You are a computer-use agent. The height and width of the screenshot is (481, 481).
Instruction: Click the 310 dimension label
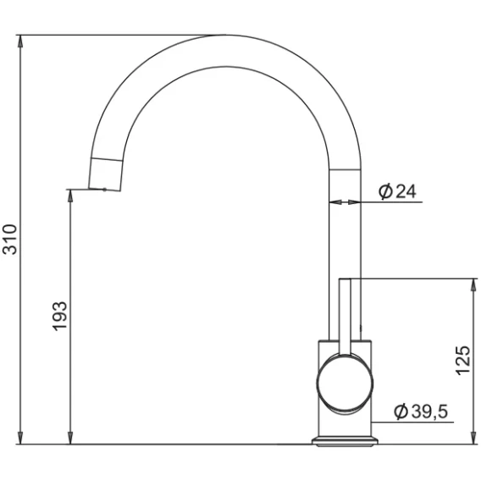(x=9, y=240)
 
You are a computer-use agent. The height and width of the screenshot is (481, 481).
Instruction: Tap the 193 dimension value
(x=59, y=316)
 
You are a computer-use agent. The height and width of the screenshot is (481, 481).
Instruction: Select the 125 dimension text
(x=462, y=361)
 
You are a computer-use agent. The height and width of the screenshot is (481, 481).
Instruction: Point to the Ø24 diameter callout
(x=397, y=191)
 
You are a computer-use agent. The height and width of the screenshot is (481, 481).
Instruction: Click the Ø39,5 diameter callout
(x=421, y=412)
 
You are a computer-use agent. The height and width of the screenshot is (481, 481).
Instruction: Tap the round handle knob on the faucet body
(x=345, y=383)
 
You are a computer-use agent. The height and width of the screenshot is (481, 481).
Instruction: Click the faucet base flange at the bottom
(x=345, y=441)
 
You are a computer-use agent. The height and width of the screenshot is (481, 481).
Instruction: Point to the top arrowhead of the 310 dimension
(x=20, y=41)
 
